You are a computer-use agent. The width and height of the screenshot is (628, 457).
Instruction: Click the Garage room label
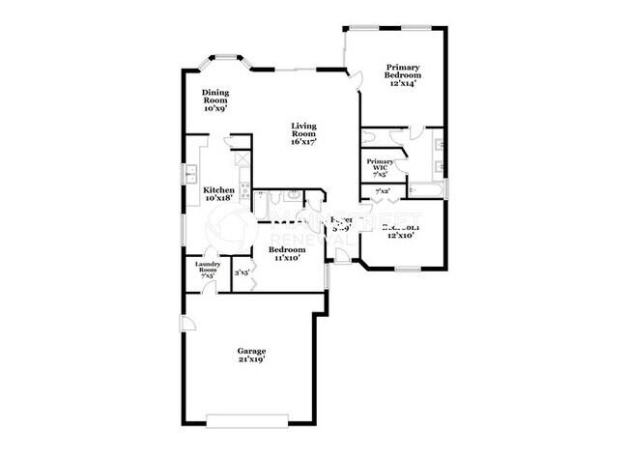click(251, 351)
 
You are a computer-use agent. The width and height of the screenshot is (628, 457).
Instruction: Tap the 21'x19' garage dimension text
click(251, 359)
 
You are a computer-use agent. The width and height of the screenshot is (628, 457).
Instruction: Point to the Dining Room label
click(214, 96)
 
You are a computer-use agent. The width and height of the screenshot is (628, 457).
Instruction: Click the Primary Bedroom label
click(402, 71)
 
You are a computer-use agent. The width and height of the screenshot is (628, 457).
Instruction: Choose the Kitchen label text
click(218, 190)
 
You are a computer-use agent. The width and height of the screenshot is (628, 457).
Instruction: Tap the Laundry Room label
click(208, 267)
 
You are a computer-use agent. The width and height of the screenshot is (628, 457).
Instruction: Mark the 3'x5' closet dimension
click(243, 272)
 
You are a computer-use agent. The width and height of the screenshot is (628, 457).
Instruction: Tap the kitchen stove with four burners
click(245, 191)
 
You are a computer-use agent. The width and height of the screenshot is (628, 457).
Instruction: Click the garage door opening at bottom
click(246, 419)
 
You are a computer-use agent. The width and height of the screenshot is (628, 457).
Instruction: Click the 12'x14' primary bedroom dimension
click(402, 84)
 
